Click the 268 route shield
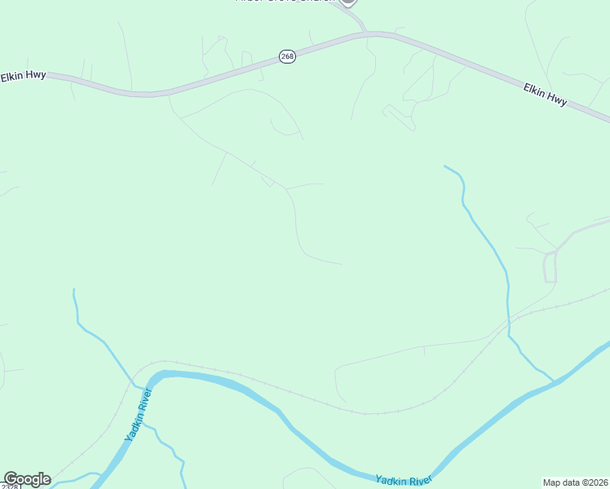[287, 56]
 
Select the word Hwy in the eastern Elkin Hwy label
[556, 99]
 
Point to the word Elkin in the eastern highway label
[534, 90]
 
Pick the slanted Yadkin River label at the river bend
[139, 415]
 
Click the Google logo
[27, 479]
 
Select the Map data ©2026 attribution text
[575, 482]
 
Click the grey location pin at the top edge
[348, 2]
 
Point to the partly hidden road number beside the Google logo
[8, 487]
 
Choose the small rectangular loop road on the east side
[550, 267]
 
